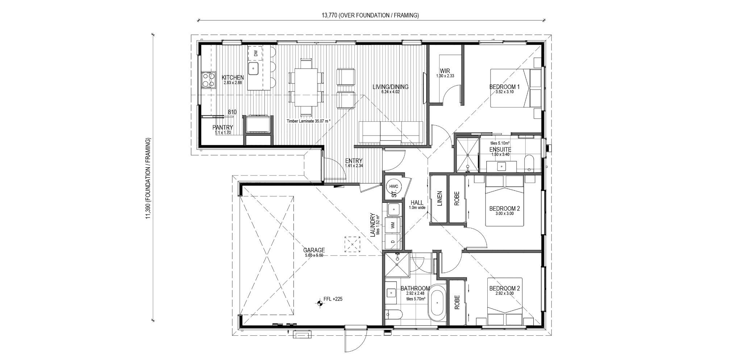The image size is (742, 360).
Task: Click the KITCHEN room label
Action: click(233, 77)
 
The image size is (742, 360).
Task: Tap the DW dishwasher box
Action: click(256, 53)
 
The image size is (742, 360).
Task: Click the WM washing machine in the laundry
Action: click(393, 225)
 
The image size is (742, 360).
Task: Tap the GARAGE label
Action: click(314, 250)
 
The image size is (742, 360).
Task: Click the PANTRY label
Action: click(222, 128)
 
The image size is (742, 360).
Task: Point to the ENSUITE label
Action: click(500, 149)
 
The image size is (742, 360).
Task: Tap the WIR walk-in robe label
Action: click(445, 71)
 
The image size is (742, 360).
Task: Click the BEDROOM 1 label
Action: click(504, 87)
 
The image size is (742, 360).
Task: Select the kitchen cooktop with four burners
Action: click(208, 80)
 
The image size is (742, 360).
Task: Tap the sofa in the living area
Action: click(391, 132)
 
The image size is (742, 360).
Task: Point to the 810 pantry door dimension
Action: click(232, 112)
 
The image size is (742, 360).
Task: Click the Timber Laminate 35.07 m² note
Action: click(308, 121)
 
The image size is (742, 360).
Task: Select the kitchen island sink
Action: click(253, 68)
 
